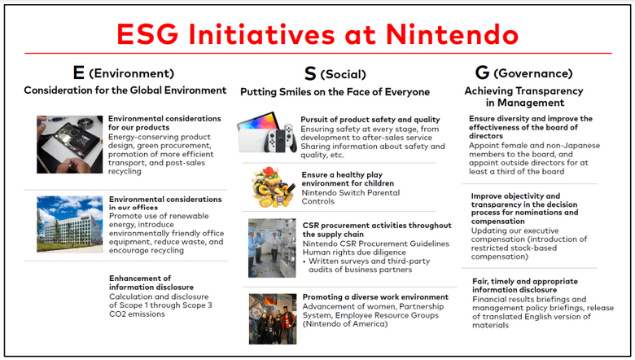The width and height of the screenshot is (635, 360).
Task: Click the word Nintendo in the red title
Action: coord(452,34)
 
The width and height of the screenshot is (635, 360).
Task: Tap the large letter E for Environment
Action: coord(79,72)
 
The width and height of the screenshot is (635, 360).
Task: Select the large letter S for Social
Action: coord(310,73)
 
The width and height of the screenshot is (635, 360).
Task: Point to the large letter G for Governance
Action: coord(482,72)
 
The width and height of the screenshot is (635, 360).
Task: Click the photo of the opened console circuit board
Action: coord(70,144)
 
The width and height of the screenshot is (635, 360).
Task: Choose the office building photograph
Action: coord(70,224)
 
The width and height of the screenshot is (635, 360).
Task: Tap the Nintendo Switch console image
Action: coord(267,133)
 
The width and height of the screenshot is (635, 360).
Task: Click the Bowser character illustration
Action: coord(273,187)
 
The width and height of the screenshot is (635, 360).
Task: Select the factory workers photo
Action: coord(272,248)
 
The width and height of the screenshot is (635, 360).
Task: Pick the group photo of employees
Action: coord(273,319)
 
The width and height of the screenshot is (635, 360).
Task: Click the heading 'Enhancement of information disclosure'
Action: coord(151,283)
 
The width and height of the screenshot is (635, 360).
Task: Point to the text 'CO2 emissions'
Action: coord(137,314)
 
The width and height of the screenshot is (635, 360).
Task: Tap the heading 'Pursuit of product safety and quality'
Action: coord(370,120)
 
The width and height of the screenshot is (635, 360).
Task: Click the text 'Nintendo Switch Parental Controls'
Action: coord(351,197)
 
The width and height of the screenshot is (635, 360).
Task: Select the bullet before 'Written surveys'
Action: coord(304,261)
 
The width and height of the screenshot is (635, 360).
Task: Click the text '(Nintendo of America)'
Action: coord(345,324)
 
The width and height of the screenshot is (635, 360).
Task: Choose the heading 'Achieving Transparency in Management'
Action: coord(524,96)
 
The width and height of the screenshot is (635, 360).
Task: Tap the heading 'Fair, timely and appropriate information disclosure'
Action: coord(525,286)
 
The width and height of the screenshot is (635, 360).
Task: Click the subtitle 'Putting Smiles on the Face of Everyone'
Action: coord(335,92)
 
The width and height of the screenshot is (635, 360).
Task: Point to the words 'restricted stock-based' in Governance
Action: coord(514,248)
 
